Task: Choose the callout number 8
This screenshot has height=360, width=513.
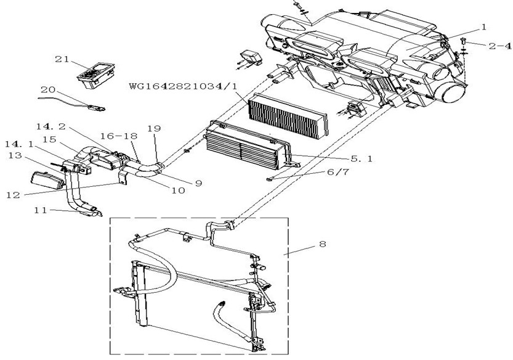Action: (x=323, y=244)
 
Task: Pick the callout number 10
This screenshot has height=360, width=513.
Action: (x=178, y=190)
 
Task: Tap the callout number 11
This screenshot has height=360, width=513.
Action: (x=41, y=210)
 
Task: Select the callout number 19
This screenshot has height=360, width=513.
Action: (x=155, y=128)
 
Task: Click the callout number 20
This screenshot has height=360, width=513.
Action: (x=48, y=89)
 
